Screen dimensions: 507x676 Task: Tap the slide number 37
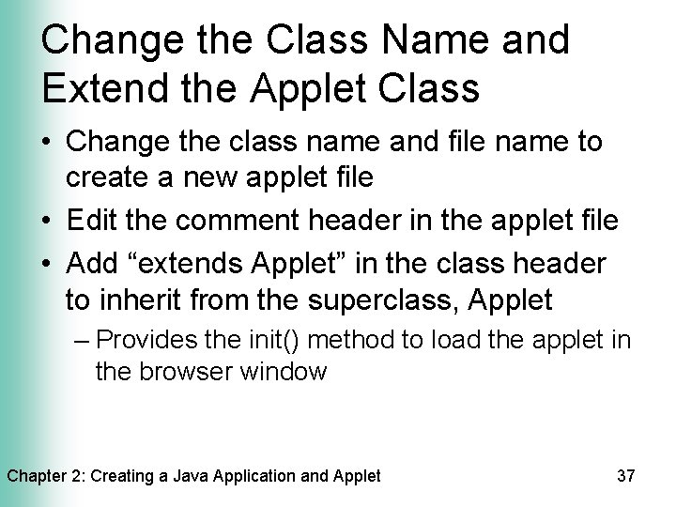[x=626, y=476]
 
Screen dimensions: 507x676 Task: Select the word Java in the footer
[x=186, y=476]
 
